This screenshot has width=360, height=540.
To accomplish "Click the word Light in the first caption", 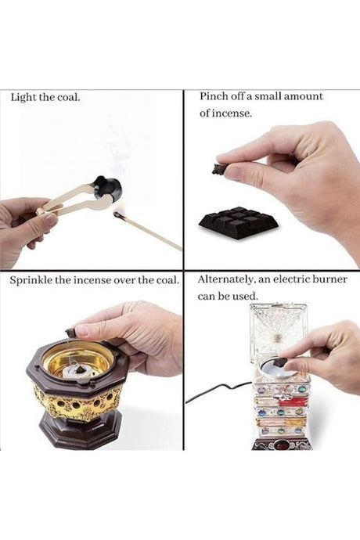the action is click(x=23, y=98).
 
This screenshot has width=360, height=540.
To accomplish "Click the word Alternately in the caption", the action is click(x=225, y=279).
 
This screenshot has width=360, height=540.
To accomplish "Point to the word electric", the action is click(x=291, y=279).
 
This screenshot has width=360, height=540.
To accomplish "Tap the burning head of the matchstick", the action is click(x=118, y=214).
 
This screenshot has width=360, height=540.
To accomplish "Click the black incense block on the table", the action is click(x=239, y=221).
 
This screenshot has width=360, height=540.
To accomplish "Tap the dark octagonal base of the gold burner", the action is click(x=81, y=430).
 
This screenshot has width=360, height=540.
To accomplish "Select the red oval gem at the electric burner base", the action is click(x=283, y=446).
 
